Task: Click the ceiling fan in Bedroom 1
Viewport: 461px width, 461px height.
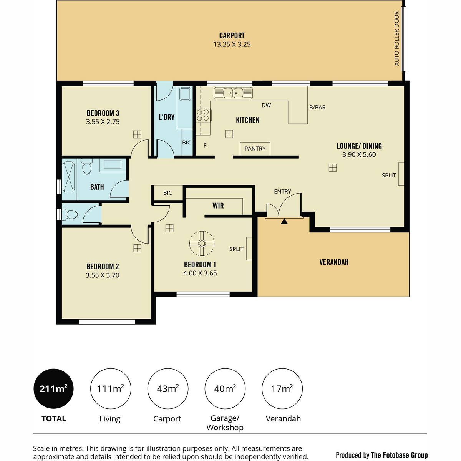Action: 202,244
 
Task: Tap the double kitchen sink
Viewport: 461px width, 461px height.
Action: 233,93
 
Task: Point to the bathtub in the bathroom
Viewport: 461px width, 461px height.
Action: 69,177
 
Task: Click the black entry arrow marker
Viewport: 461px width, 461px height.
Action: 284,221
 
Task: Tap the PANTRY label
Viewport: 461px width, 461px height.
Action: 255,149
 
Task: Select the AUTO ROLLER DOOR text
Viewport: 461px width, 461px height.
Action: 396,38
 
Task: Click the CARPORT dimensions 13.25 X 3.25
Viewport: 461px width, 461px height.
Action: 232,45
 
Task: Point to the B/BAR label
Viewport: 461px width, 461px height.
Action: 317,108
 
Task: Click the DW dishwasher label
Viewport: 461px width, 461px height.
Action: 266,105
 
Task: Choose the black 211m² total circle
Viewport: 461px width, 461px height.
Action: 53,388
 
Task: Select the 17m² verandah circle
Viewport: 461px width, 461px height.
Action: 282,388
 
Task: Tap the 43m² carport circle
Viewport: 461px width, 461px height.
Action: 168,388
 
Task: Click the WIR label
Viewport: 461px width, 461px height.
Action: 218,206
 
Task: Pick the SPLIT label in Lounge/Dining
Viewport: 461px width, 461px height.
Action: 389,175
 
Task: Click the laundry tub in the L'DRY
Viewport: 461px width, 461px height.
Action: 186,94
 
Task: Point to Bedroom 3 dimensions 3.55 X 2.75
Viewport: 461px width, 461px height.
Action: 103,122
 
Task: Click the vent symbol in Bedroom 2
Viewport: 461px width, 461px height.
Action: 137,248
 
